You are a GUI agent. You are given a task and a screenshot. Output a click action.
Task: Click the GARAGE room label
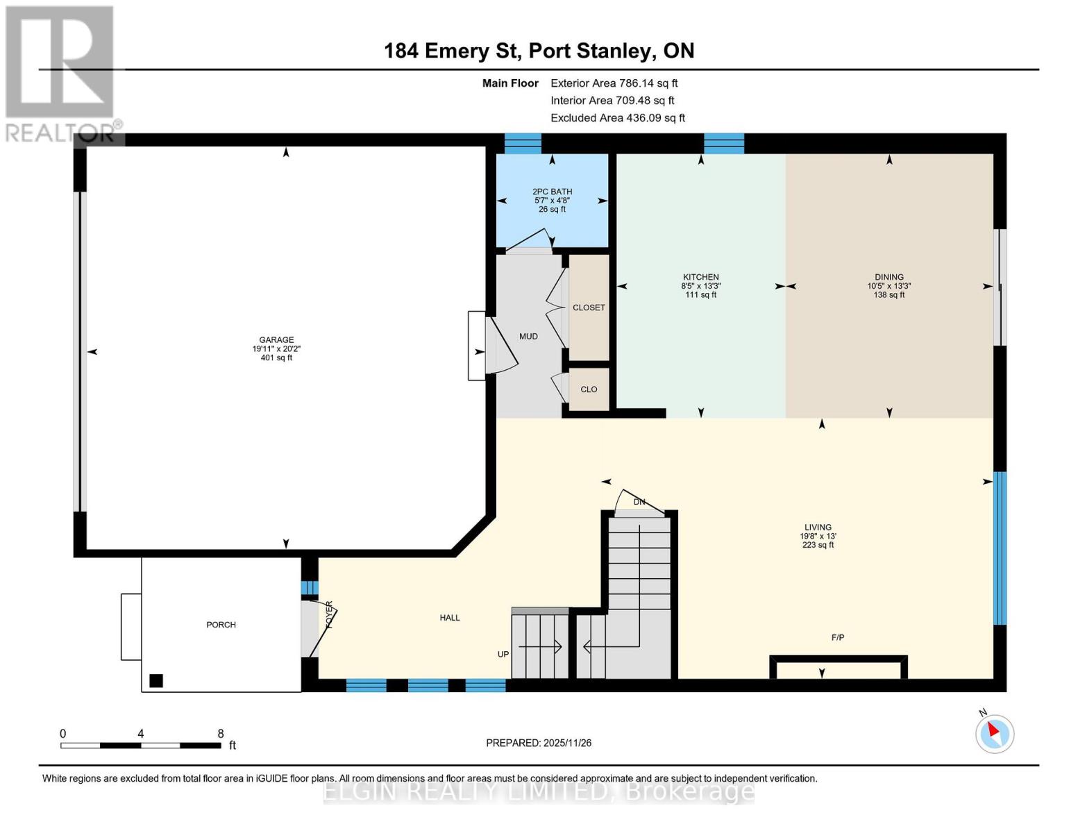click(x=276, y=340)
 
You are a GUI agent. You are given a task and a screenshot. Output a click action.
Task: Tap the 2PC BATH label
click(x=552, y=192)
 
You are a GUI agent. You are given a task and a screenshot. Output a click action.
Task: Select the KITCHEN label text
click(x=700, y=277)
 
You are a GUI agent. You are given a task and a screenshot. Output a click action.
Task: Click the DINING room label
click(x=888, y=277)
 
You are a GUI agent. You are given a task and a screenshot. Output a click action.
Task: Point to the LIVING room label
click(x=818, y=528)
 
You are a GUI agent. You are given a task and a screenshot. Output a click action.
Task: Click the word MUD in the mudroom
click(x=528, y=336)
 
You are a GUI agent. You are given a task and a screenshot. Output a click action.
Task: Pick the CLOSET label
click(x=589, y=308)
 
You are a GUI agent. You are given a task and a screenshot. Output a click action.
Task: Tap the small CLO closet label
click(x=589, y=389)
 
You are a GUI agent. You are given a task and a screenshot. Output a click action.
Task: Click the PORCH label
click(x=221, y=625)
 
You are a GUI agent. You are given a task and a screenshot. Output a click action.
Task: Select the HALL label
click(x=450, y=618)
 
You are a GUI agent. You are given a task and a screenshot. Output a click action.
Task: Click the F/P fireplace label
click(x=838, y=637)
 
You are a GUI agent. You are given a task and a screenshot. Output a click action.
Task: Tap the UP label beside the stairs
click(x=503, y=655)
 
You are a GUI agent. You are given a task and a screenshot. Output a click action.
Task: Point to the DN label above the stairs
click(x=639, y=502)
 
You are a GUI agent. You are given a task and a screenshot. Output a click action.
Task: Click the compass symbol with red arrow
click(x=994, y=733)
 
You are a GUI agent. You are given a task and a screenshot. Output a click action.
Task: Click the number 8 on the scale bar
click(x=221, y=734)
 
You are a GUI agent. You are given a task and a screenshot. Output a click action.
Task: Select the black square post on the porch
click(x=156, y=680)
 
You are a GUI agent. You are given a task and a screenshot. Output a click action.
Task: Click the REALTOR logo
click(x=61, y=73)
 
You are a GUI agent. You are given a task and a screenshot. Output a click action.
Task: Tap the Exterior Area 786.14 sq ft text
click(x=614, y=83)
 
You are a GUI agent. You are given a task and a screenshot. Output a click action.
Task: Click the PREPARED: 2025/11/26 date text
click(x=539, y=743)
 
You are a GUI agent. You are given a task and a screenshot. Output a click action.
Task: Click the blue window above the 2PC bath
click(x=522, y=143)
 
